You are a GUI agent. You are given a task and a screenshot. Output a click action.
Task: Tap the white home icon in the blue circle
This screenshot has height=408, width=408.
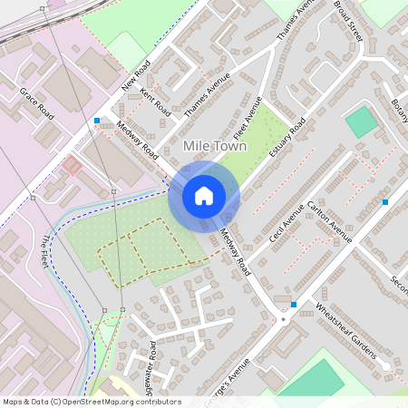[204, 195]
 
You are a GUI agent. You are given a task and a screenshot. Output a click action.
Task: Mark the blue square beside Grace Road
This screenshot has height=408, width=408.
[96, 120]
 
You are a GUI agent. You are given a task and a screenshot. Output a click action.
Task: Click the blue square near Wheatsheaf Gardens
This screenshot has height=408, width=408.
[294, 304]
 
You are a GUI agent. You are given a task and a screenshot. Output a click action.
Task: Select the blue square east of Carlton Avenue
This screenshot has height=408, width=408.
[385, 201]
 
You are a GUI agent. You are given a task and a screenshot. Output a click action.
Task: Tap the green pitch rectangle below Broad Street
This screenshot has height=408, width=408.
[361, 121]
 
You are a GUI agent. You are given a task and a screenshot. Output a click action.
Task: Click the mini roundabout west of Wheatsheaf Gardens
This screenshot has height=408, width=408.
[284, 319]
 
